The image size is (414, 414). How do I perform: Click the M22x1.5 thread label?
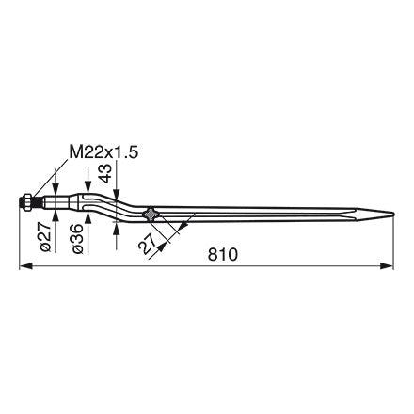tap(103, 152)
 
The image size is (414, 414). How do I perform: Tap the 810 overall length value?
tap(223, 254)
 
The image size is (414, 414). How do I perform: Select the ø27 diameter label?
tap(46, 236)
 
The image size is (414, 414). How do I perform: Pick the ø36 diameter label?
tap(77, 238)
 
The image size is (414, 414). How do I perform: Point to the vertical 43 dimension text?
tap(106, 173)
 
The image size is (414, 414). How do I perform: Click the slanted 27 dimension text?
tap(147, 244)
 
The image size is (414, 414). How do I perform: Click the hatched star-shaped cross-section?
tap(151, 215)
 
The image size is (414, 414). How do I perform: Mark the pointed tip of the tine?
tap(393, 215)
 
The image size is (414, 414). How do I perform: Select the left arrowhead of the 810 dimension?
tap(25, 266)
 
